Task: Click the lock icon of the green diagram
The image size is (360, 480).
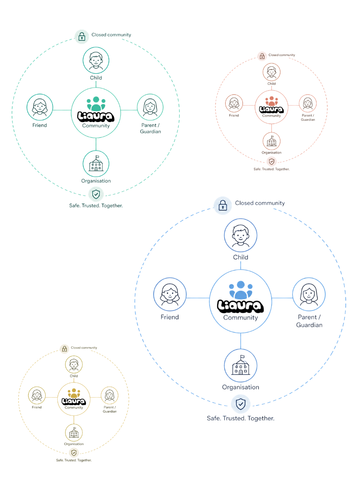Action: (x=82, y=36)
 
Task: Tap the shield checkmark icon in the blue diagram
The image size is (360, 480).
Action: (x=240, y=404)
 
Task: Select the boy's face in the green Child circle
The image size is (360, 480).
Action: (x=96, y=60)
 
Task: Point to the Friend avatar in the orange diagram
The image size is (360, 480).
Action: (x=234, y=103)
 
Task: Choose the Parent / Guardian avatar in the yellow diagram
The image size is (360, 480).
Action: (x=109, y=395)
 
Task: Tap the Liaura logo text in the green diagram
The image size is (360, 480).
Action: (x=96, y=116)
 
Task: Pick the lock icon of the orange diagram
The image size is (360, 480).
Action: (x=262, y=56)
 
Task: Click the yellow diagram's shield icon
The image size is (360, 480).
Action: (x=74, y=452)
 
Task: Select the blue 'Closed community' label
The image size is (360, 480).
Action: (x=260, y=203)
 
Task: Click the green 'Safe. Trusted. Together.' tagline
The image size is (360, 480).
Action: (x=96, y=206)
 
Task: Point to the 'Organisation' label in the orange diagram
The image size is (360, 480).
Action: (x=271, y=153)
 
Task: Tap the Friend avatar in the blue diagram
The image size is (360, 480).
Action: (x=170, y=294)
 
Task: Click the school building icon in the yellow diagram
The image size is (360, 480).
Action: (x=74, y=433)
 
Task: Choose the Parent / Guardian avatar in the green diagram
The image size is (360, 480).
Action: (x=150, y=107)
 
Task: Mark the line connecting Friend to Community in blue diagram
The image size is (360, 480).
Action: (x=198, y=298)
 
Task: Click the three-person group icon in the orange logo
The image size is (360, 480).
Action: (x=271, y=101)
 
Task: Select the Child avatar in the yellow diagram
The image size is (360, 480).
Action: (x=74, y=364)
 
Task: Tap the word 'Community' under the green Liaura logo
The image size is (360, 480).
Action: (x=96, y=126)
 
